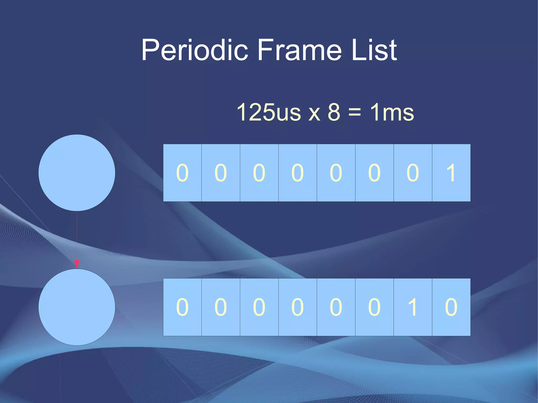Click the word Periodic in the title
coord(195,50)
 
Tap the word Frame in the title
coord(299,50)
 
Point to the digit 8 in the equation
coord(334,112)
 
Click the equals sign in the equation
coord(354,112)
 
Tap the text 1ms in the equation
coord(392,112)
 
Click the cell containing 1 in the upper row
coord(451,173)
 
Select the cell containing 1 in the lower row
coord(413,307)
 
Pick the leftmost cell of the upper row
coord(182,173)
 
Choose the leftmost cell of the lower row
coord(182,307)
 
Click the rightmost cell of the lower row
coord(451,307)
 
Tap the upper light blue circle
coord(77,173)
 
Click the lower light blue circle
coord(77,307)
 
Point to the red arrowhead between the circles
coord(77,264)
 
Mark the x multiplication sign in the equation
coord(314,113)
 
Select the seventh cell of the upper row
coord(413,173)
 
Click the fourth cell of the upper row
coord(297,173)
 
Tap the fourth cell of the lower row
coord(297,307)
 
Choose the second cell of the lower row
coord(221,307)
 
